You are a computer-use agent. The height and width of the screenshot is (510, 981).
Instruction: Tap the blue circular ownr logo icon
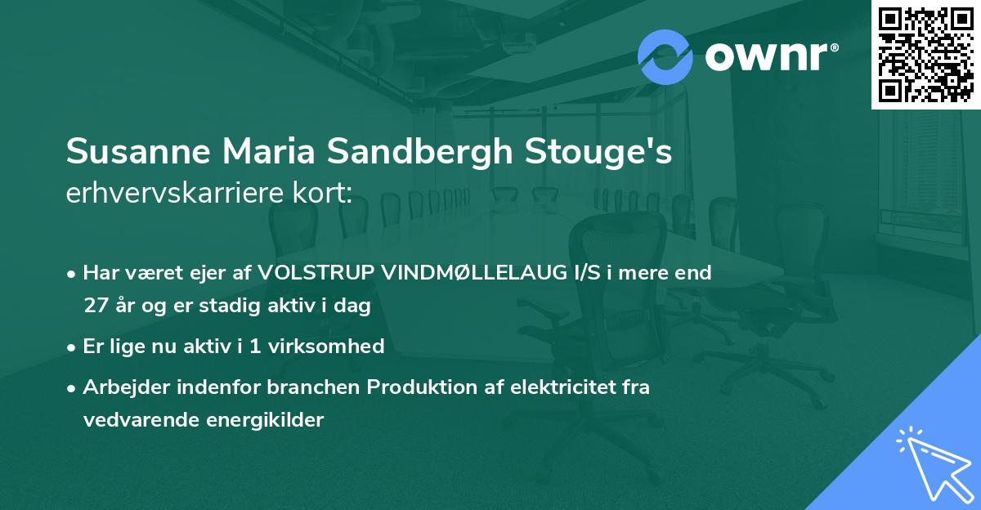coord(665,56)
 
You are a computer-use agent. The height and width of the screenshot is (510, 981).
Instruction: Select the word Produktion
coord(417,387)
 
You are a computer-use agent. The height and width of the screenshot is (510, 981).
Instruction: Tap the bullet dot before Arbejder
coord(73,388)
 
